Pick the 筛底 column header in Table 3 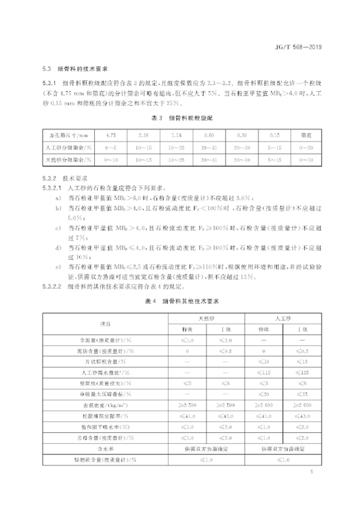pos(305,135)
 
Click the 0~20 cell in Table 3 pos(305,147)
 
